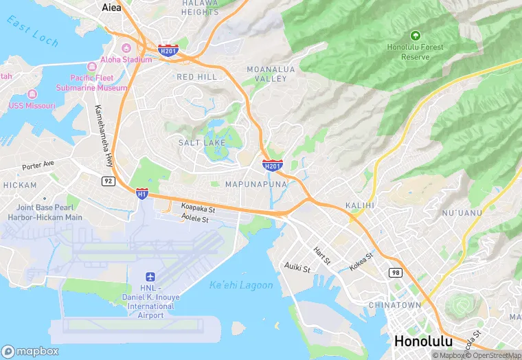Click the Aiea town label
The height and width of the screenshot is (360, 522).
[111, 8]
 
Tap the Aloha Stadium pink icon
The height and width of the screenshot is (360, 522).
[126, 48]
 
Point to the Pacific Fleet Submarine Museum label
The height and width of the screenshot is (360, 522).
[98, 83]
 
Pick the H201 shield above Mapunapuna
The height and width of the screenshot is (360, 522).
[272, 165]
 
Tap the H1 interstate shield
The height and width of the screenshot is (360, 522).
[142, 194]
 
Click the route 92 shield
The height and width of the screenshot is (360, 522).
[108, 181]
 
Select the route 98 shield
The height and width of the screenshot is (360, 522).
[394, 273]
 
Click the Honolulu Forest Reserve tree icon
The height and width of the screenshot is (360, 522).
[414, 35]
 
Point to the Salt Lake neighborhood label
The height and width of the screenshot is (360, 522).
[201, 143]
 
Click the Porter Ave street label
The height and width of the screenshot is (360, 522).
[37, 166]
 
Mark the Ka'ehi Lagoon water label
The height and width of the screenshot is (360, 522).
[241, 285]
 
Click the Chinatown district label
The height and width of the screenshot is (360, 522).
[394, 304]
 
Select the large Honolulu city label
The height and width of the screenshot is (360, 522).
[423, 341]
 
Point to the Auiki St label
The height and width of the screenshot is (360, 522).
[298, 265]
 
